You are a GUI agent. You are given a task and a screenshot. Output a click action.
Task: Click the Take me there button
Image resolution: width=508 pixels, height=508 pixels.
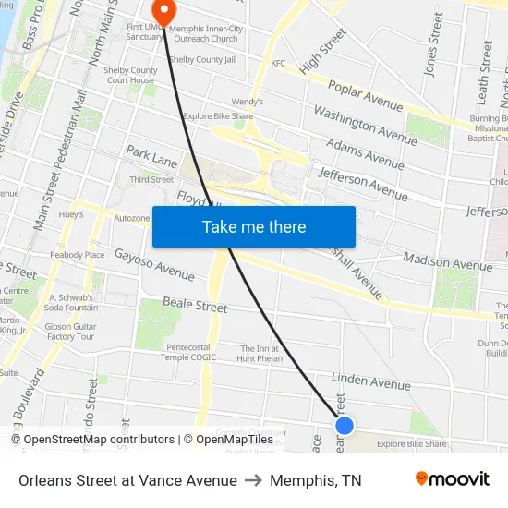(x=254, y=226)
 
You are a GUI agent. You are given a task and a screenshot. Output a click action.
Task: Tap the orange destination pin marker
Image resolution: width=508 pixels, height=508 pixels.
(x=163, y=12)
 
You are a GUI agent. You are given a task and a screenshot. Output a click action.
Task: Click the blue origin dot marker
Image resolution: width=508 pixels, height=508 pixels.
(x=345, y=425)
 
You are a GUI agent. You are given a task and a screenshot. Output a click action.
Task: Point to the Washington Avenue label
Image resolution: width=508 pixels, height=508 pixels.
(x=365, y=124)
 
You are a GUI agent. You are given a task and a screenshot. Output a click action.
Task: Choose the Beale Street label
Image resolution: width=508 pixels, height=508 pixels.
(x=195, y=305)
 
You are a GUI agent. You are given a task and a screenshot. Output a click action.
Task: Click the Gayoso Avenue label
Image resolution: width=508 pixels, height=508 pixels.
(x=154, y=264)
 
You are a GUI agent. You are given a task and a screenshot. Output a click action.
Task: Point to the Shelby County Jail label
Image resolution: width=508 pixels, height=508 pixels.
(x=202, y=60)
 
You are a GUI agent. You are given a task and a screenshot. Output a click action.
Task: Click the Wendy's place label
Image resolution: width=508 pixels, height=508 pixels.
(x=247, y=102)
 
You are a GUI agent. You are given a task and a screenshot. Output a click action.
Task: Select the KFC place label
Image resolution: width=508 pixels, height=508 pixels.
(x=278, y=63)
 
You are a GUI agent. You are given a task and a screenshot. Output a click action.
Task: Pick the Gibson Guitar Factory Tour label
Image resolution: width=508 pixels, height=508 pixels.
(x=71, y=332)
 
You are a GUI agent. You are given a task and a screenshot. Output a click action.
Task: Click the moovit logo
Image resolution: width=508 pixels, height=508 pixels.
(x=452, y=479)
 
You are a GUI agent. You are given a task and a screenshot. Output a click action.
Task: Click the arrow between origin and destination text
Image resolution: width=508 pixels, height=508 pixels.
(x=253, y=480)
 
